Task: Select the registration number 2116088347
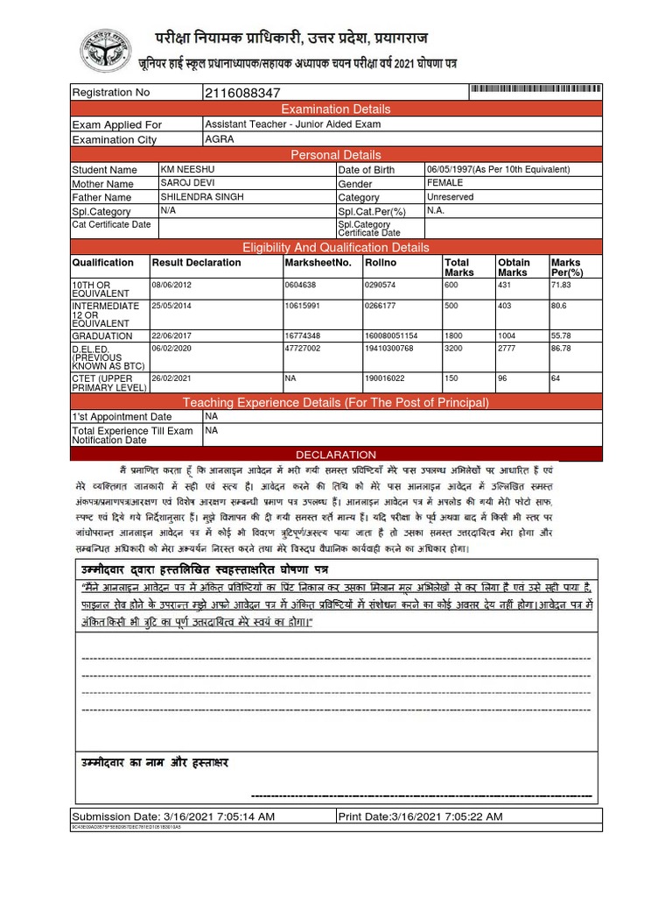click(x=242, y=93)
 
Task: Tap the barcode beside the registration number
click(x=535, y=91)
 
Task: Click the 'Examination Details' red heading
click(x=336, y=109)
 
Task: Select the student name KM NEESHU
click(x=189, y=169)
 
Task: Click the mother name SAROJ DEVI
click(x=186, y=183)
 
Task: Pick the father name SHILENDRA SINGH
click(x=199, y=197)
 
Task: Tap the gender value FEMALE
click(x=445, y=183)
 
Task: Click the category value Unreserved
click(x=450, y=197)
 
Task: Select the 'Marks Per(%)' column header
click(x=567, y=267)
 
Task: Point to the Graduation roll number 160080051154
click(x=391, y=335)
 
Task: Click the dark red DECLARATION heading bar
click(x=336, y=455)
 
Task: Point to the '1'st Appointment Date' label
click(x=122, y=417)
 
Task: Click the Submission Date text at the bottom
click(x=173, y=816)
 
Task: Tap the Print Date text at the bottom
click(x=421, y=816)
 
